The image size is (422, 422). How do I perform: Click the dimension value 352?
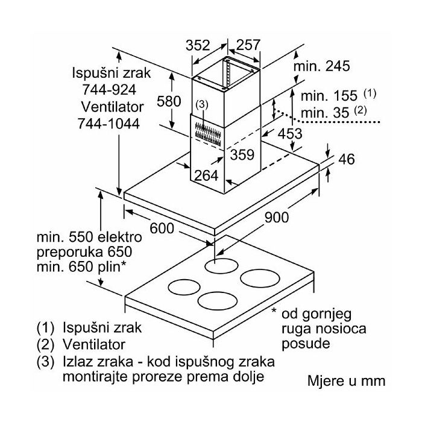coord(198,45)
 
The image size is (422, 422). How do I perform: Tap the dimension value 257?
coord(248,45)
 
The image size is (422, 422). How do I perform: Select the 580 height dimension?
coord(169,101)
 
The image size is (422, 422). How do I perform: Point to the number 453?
coord(290,133)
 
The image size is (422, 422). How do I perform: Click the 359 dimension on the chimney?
coord(242,155)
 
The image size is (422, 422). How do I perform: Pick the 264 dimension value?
coord(206,176)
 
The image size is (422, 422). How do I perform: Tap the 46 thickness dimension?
coord(347,159)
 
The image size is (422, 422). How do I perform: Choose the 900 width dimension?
coord(277,217)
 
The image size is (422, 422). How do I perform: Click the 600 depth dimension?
coord(162,228)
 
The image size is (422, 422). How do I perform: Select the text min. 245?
coord(321,66)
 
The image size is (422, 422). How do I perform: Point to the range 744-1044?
coord(109,124)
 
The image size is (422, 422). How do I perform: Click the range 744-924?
coord(109,90)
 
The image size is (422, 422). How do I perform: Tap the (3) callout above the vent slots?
coord(202,104)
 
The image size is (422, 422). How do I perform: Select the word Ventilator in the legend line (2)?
coord(94,344)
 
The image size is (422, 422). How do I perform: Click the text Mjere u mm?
coord(347,381)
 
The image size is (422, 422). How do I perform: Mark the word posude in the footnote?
coord(306,344)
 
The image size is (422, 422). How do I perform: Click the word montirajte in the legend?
coord(95,377)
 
